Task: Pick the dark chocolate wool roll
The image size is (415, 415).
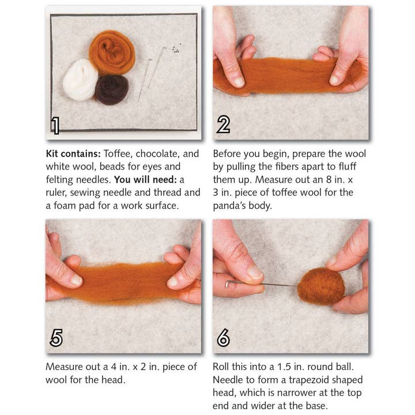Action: click(x=112, y=89)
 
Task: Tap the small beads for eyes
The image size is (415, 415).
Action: click(x=175, y=49)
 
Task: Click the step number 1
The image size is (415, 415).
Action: click(x=55, y=125)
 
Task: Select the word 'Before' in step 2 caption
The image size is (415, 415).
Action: click(x=228, y=154)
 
